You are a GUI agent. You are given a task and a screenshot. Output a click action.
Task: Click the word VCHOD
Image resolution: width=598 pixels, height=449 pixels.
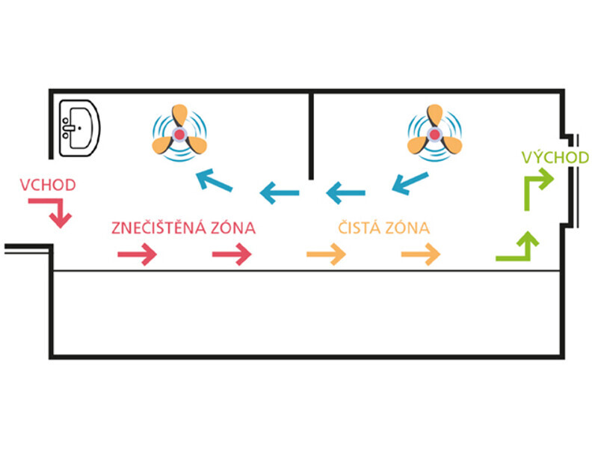pyautogui.click(x=49, y=184)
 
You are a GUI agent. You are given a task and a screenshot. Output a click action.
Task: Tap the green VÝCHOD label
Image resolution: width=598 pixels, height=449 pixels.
pyautogui.click(x=555, y=157)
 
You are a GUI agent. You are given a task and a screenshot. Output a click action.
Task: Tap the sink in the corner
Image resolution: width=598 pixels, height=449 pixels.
pyautogui.click(x=78, y=126)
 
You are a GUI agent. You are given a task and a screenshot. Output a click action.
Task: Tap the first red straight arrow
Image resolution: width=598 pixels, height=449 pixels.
pyautogui.click(x=137, y=256)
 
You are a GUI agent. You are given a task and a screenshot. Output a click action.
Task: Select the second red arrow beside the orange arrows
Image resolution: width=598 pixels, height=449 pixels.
pyautogui.click(x=232, y=256)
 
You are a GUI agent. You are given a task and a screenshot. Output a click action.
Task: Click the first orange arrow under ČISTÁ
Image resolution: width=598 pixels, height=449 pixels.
pyautogui.click(x=326, y=256)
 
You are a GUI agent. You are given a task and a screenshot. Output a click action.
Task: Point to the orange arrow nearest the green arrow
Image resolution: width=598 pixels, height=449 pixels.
pyautogui.click(x=421, y=256)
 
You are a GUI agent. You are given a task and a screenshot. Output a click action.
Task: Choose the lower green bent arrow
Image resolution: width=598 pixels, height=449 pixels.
pyautogui.click(x=517, y=248)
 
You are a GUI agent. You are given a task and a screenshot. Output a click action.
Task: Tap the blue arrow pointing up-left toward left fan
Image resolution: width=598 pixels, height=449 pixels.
pyautogui.click(x=213, y=180)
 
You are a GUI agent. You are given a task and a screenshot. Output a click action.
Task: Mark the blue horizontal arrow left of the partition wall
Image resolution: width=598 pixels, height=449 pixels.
pyautogui.click(x=280, y=194)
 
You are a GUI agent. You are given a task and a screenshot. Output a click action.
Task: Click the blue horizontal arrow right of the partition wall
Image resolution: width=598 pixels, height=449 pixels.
pyautogui.click(x=346, y=194)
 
